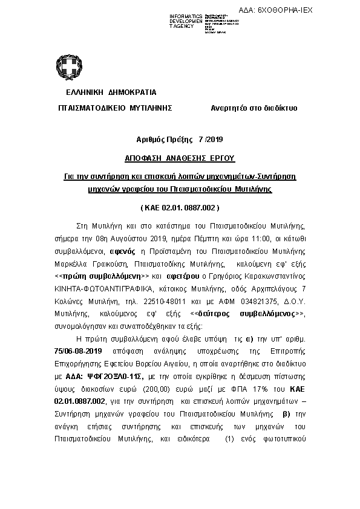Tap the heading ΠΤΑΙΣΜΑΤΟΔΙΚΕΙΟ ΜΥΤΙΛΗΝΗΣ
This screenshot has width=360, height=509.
pyautogui.click(x=114, y=108)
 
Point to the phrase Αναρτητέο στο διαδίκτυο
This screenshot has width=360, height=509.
pyautogui.click(x=254, y=108)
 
